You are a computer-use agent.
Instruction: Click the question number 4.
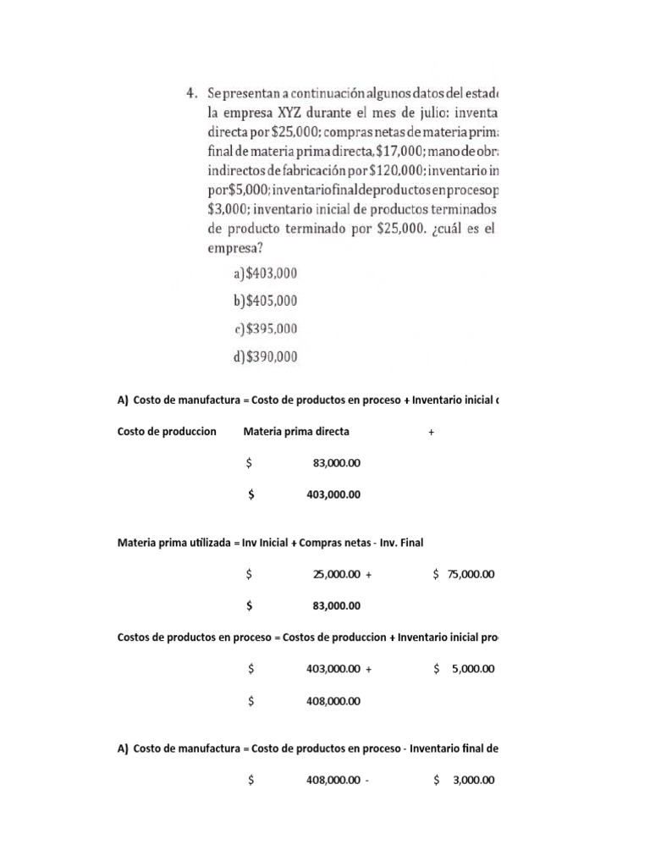coord(192,92)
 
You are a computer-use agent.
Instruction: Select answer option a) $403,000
coord(265,273)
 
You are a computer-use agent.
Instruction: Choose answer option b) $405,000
coord(265,301)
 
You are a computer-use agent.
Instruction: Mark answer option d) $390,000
coord(266,356)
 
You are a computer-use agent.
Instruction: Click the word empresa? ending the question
coord(234,249)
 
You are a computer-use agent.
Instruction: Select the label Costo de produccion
coord(167,432)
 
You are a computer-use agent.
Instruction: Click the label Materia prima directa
coord(296,432)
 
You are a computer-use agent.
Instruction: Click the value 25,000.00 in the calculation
coord(336,574)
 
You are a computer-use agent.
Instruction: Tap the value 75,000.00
coord(470,574)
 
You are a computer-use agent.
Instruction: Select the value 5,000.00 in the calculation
coord(473,669)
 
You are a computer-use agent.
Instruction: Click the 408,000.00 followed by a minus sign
coord(333,781)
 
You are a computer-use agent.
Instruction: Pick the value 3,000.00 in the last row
coord(473,781)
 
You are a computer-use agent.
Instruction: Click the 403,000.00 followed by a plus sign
coord(333,669)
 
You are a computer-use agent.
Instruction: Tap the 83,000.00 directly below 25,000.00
coord(336,605)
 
